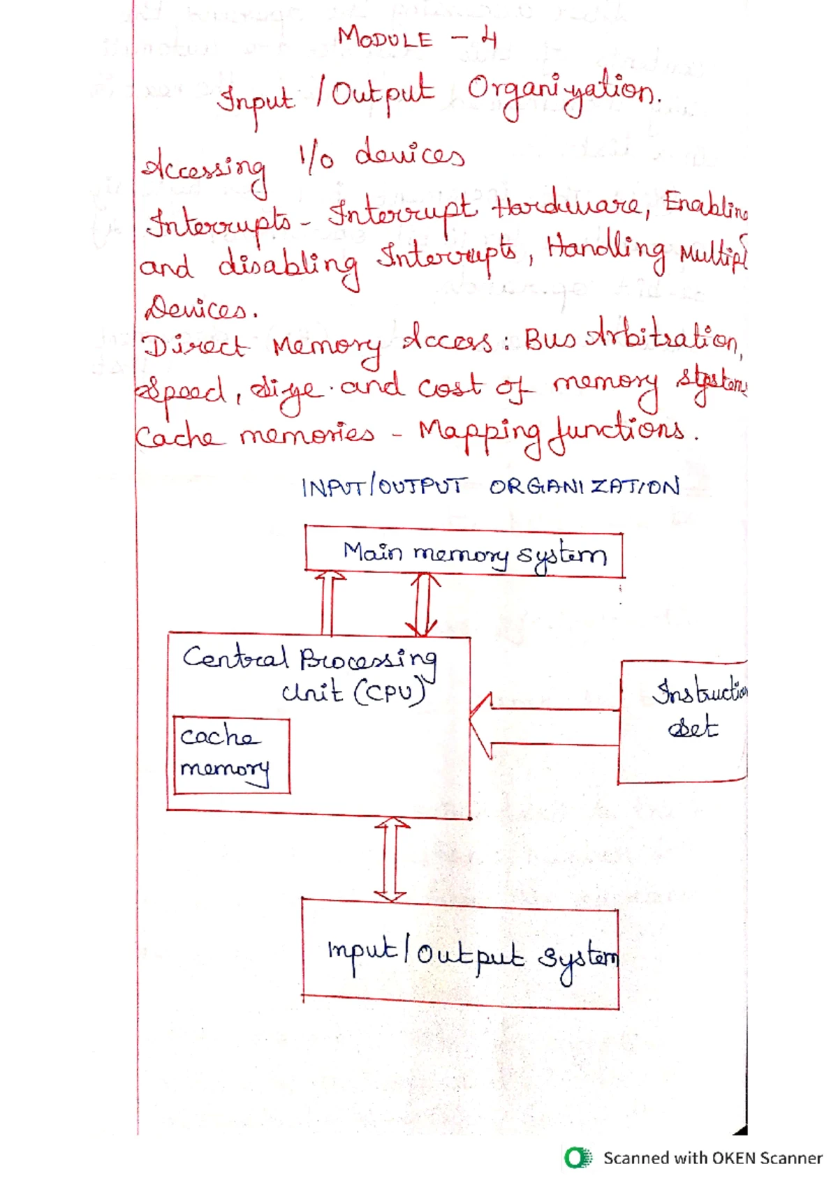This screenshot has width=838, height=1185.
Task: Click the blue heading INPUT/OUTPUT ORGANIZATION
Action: (490, 486)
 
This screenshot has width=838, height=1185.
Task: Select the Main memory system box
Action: (464, 553)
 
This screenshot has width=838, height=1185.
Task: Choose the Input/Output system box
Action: (460, 953)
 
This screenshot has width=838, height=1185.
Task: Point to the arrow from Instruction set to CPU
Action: (545, 726)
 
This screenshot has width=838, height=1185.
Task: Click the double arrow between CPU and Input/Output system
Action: (390, 859)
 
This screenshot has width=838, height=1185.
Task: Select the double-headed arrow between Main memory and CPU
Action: (424, 604)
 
